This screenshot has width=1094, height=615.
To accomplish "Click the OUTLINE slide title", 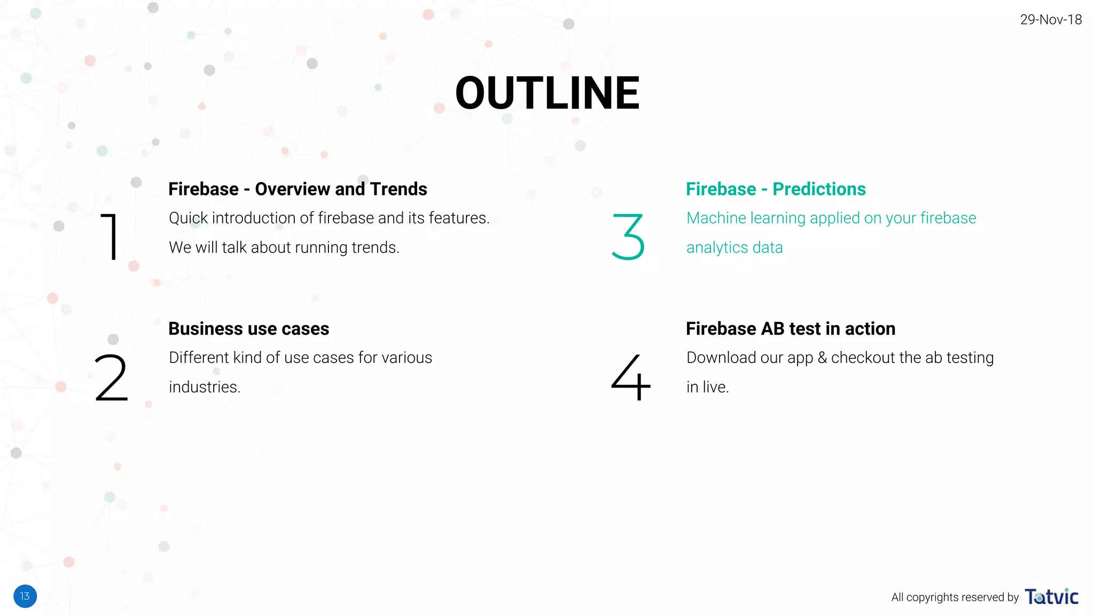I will tap(547, 93).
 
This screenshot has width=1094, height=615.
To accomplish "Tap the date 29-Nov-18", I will tap(1050, 20).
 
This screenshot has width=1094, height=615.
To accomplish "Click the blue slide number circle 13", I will tap(25, 596).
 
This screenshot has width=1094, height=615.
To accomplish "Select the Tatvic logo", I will tap(1051, 596).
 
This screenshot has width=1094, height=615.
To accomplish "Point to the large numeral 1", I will tap(110, 236).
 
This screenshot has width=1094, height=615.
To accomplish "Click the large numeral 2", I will tap(111, 377).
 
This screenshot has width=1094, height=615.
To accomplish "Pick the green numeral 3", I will tap(628, 236).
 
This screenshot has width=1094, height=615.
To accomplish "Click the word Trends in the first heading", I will tap(398, 189).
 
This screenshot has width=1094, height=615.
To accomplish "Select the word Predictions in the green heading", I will tap(819, 189).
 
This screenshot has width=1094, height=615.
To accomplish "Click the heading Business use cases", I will tap(248, 329).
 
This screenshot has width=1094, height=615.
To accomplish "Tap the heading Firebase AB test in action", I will tap(790, 329).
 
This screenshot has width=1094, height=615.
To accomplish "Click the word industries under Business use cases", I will tap(205, 387).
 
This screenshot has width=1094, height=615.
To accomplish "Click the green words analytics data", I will tap(734, 248).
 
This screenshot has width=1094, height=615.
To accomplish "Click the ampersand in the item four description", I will tap(822, 358).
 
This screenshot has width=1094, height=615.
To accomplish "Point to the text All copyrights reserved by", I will tap(955, 597).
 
